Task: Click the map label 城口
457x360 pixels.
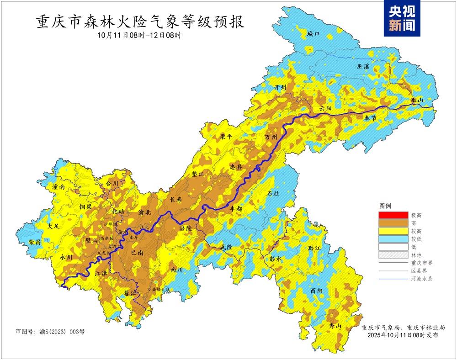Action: point(314,34)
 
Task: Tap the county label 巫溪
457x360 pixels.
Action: point(363,66)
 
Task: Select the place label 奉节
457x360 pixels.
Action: point(370,118)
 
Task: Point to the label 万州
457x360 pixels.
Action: point(271,137)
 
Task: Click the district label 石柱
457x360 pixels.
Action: point(273,194)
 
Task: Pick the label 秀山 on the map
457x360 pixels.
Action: point(335,326)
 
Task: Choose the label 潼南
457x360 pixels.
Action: point(60,187)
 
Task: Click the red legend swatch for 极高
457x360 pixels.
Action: point(393,215)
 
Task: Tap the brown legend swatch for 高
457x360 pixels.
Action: point(393,223)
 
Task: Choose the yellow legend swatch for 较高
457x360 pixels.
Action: point(393,231)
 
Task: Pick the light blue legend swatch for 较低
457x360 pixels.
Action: point(393,239)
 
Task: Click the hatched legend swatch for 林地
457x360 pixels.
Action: point(393,255)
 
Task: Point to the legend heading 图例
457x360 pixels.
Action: point(385,206)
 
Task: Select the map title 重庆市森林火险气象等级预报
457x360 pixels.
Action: point(140,21)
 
